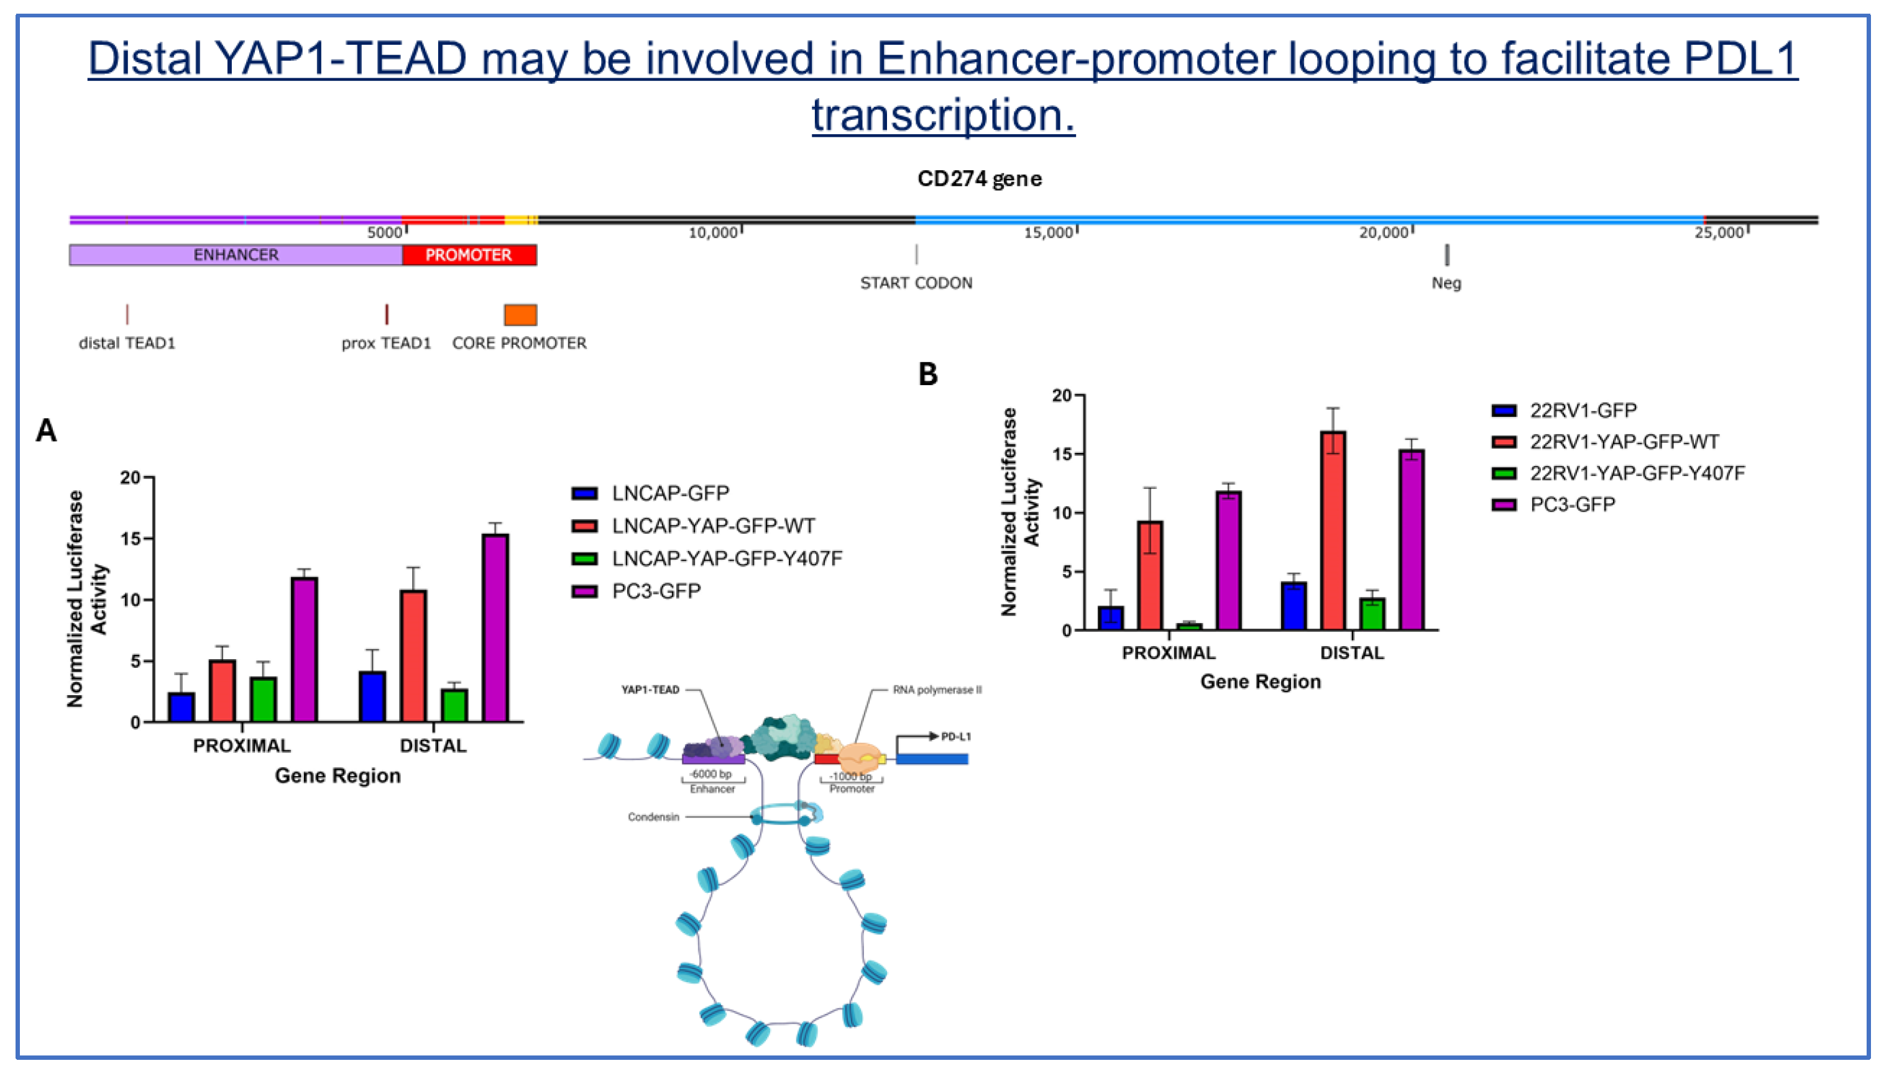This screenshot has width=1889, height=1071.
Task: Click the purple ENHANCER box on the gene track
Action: [236, 255]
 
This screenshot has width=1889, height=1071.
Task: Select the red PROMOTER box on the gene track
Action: [469, 255]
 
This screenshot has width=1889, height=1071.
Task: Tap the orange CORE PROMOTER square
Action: [520, 315]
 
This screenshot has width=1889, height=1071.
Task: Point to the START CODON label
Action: [916, 283]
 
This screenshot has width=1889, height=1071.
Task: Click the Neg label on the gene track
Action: [1446, 283]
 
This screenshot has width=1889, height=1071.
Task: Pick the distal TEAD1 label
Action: [127, 344]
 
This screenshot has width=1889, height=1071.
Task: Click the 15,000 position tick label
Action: [1049, 233]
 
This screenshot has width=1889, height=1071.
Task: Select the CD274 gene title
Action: [980, 179]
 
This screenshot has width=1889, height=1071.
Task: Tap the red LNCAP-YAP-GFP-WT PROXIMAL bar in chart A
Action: [223, 691]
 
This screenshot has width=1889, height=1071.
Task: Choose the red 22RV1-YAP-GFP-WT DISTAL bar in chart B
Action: [1333, 531]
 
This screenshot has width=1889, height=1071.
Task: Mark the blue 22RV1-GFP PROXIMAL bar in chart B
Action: [1110, 618]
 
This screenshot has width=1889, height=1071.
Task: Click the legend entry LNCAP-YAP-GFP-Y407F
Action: [726, 558]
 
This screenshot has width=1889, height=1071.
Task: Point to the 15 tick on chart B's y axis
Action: [1062, 454]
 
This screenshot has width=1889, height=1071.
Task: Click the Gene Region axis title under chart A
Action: [338, 776]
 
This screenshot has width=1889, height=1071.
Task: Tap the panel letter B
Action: [928, 375]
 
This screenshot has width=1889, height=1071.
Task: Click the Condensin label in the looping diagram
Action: [653, 817]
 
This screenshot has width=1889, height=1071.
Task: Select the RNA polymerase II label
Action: [937, 690]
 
